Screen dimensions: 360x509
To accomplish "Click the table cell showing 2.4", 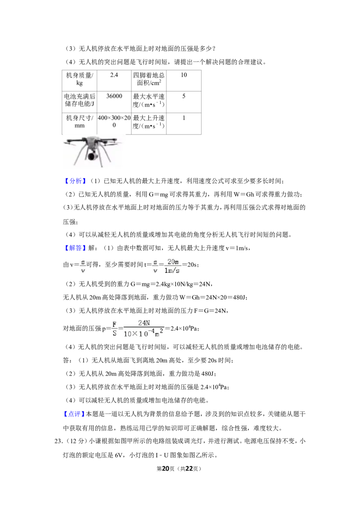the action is point(114,80).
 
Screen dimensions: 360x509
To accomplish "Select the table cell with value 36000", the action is point(114,102).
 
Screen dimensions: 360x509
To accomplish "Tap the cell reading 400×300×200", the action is point(114,124).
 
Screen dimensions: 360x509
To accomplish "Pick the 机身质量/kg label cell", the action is point(80,80).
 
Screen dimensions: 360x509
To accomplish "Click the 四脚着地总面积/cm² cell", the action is point(149,80).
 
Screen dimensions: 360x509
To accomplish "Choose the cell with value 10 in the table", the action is point(184,80).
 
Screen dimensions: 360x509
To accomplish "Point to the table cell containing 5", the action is point(184,102).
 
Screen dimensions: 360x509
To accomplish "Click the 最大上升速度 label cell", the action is point(149,124).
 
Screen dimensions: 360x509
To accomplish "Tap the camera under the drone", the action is point(92,156).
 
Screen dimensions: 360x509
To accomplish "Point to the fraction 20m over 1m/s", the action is point(172,266).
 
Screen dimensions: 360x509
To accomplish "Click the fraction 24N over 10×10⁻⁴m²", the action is point(144,328).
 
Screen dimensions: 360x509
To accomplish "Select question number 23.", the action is point(58,441).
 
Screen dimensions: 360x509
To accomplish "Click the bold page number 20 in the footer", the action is point(166,469).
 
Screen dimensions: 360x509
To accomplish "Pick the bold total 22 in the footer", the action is point(189,469).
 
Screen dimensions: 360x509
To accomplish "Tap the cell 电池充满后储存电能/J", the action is point(80,102).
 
